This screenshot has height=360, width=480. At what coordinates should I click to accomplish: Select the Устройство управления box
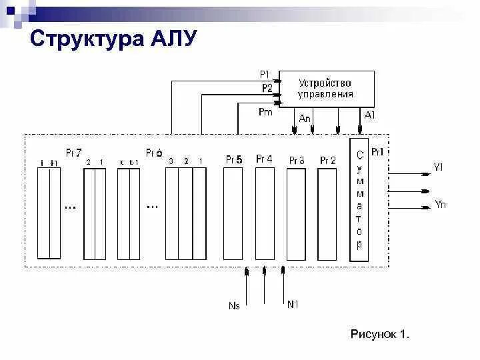pos(326,88)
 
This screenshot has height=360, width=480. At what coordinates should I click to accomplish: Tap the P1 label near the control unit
pos(265,74)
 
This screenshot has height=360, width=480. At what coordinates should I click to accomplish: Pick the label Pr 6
pos(154,152)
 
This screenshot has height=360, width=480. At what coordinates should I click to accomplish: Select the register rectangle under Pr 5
pos(233,213)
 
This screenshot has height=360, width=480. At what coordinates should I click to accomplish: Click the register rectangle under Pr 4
pos(264,213)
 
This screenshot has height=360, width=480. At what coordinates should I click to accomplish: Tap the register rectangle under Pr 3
pos(297,213)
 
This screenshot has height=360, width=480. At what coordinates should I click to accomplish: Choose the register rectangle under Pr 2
pos(327,213)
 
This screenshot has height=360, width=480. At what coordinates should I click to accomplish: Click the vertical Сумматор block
pos(359,200)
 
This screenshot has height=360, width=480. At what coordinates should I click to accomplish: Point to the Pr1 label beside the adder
pos(377,152)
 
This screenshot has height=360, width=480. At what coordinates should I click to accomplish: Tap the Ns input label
pos(234,305)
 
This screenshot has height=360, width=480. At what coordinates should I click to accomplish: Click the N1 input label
pos(293,305)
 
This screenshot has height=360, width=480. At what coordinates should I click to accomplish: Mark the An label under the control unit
pos(305,118)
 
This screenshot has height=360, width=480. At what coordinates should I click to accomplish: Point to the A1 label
pos(370,115)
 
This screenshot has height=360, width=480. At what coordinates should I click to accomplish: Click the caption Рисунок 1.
pos(379,333)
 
